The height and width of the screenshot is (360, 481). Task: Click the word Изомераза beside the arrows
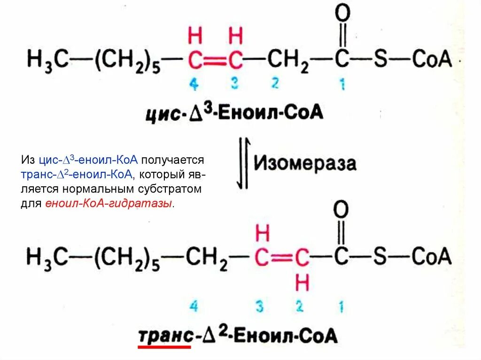(x=305, y=163)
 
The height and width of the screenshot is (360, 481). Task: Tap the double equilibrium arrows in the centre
(x=242, y=163)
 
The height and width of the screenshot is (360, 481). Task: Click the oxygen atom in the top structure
(x=342, y=14)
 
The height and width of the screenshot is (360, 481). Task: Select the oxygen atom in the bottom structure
(x=341, y=210)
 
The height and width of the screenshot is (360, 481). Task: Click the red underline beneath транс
(x=164, y=347)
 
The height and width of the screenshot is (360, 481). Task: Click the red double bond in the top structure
(x=215, y=60)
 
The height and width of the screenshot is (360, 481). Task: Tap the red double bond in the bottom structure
(x=282, y=258)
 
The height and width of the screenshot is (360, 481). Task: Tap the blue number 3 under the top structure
(x=235, y=84)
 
